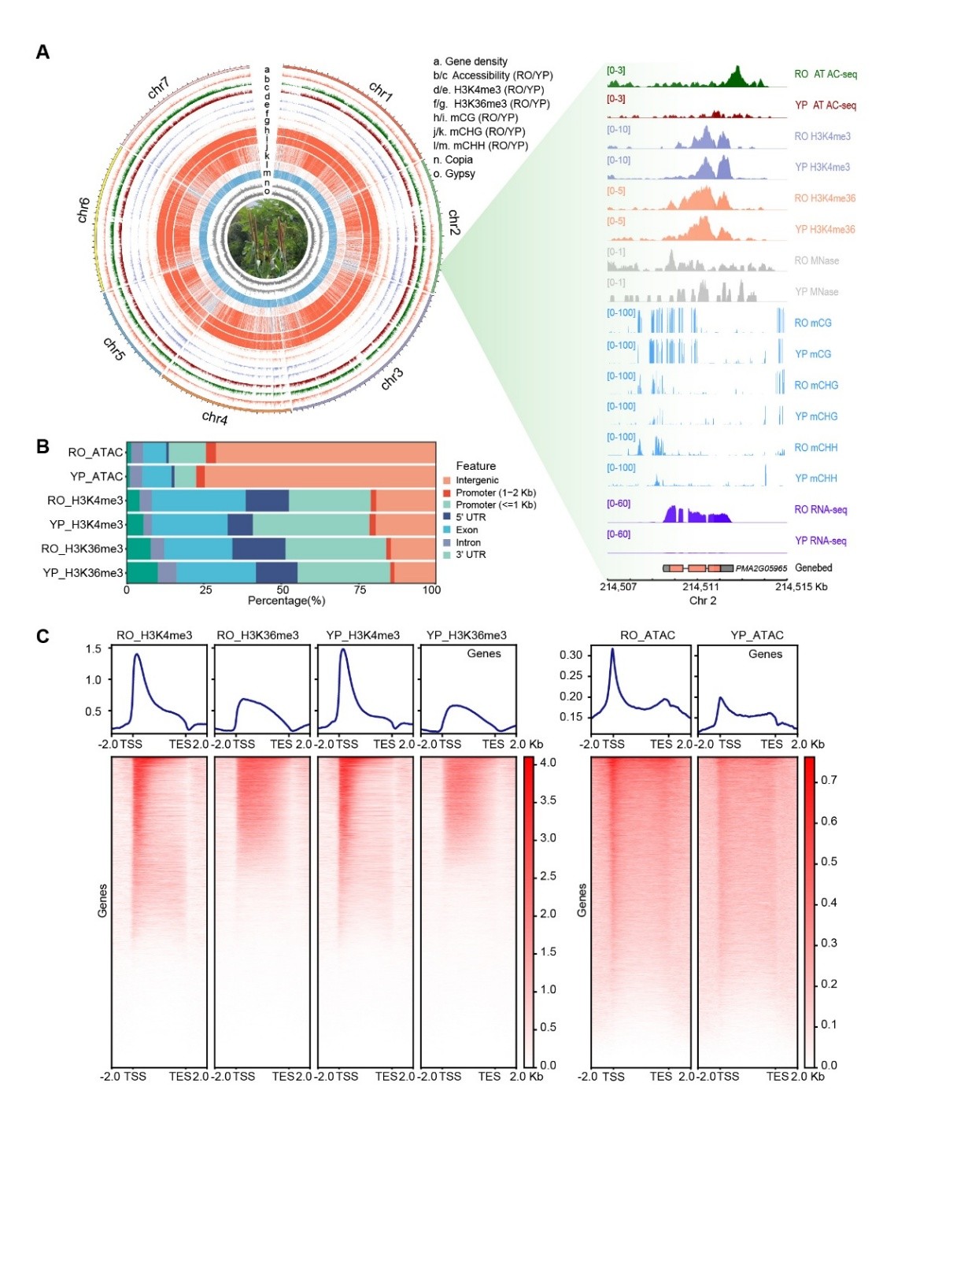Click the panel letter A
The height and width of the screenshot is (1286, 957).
tap(43, 53)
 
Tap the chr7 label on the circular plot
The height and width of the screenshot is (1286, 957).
tap(158, 87)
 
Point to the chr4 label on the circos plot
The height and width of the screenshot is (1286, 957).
tap(214, 417)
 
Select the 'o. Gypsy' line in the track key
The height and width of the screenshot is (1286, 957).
tap(454, 174)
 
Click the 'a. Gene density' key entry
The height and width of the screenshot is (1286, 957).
tap(470, 61)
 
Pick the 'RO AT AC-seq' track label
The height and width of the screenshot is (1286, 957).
tap(825, 74)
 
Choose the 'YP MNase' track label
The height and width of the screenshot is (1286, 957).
tap(816, 292)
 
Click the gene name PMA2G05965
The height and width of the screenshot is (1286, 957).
tap(761, 568)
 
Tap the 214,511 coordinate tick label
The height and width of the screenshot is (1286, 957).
tap(700, 586)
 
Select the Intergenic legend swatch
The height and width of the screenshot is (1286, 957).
tap(447, 480)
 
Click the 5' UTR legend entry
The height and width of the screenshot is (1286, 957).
tap(471, 517)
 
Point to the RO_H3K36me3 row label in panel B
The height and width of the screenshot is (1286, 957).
tap(83, 549)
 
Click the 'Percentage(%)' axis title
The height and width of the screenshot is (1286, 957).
tap(286, 601)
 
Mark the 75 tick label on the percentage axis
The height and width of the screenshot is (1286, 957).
tap(360, 589)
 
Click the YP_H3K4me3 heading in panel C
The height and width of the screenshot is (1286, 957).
tap(363, 635)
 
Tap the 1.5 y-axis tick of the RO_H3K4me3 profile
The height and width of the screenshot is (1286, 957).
tap(94, 649)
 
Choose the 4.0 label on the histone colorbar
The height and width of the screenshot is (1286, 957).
tap(548, 763)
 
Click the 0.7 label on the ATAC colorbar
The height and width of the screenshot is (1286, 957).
tap(829, 780)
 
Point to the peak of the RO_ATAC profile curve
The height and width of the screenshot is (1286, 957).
tap(612, 649)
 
